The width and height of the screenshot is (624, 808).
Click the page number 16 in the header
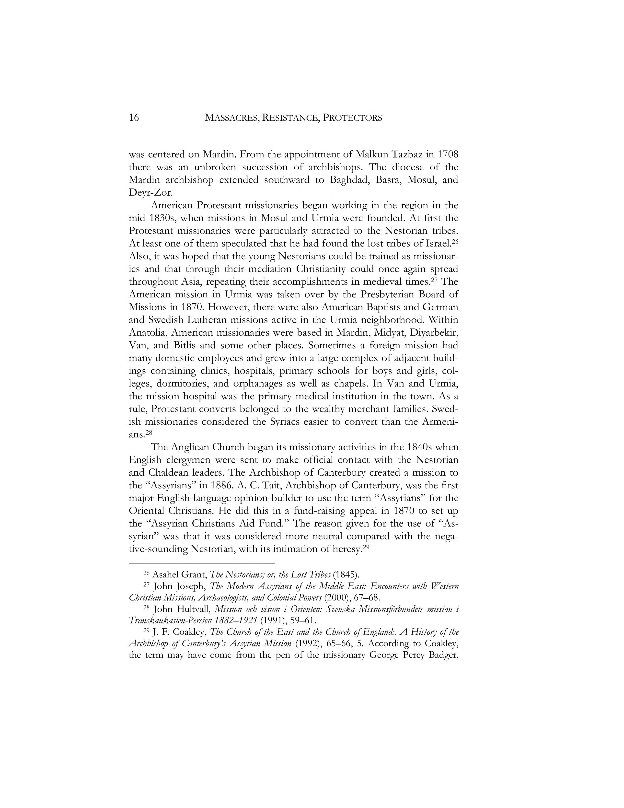tap(134, 118)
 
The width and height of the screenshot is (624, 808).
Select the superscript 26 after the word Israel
tap(455, 241)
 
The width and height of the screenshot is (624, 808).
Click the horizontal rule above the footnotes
tap(202, 563)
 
